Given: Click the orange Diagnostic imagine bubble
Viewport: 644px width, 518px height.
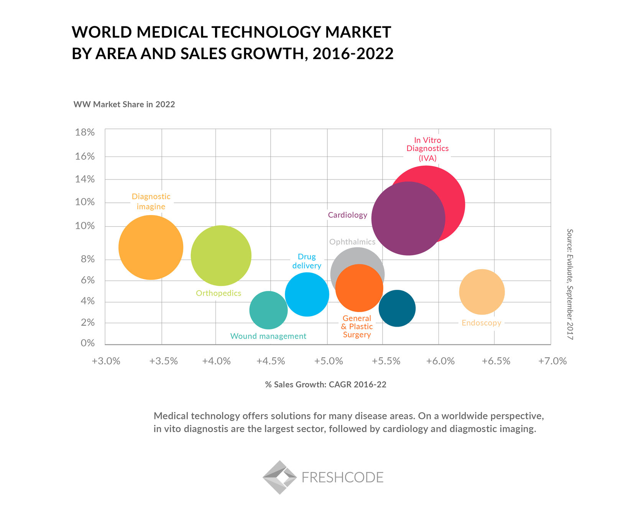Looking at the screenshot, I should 151,248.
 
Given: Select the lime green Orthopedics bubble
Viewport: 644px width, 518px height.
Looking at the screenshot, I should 221,256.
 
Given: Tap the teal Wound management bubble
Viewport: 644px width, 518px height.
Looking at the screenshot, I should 268,310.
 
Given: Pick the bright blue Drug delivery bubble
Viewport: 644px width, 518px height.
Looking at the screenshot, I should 307,294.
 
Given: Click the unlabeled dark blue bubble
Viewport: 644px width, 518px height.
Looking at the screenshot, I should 397,308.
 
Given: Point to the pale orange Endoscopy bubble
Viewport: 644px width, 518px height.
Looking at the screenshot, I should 482,292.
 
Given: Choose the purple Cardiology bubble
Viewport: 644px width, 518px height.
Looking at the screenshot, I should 408,219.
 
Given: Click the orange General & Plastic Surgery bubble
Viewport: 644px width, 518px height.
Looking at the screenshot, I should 359,288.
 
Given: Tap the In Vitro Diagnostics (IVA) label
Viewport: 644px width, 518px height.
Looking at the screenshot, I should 427,149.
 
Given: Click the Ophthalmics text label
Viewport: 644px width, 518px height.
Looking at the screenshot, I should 352,242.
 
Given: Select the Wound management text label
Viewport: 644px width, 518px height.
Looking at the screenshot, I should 268,336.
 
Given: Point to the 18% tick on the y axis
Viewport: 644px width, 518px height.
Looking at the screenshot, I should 85,133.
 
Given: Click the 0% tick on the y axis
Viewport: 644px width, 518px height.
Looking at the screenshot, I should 87,343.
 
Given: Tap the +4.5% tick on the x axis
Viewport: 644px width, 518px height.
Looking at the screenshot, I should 271,361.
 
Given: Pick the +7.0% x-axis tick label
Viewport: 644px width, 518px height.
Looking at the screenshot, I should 552,361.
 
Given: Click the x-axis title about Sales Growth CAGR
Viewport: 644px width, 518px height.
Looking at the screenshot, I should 325,385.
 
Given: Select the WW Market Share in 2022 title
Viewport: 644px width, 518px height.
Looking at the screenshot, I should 124,105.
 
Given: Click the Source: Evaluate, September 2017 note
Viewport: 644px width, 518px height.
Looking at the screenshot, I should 570,284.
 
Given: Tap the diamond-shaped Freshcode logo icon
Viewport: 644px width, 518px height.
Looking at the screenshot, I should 280,477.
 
